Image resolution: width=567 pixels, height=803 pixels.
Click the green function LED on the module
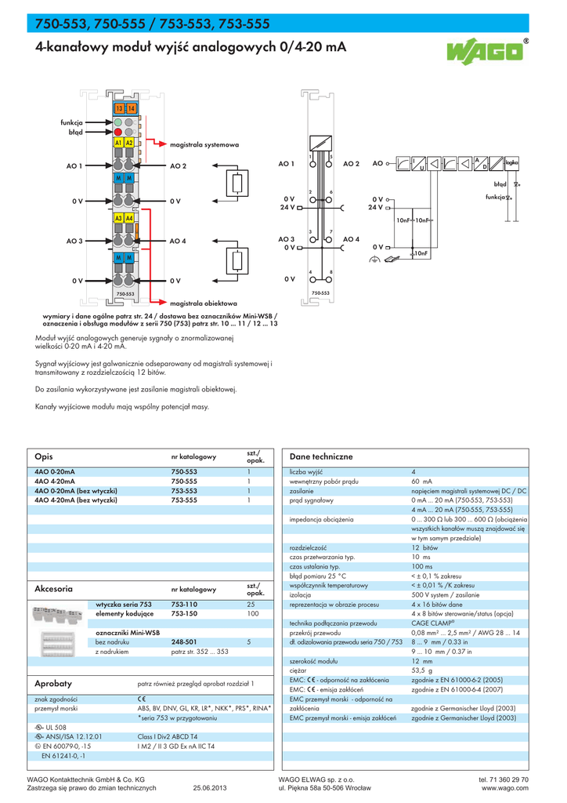pos(118,122)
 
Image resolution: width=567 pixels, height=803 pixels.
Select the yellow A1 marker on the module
pos(118,144)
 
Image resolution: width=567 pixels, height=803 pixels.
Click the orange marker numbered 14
pos(131,107)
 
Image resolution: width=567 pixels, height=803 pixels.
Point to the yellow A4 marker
pos(129,217)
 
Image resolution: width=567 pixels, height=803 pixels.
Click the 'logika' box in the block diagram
pos(512,162)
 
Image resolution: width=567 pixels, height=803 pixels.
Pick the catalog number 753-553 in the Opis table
pos(184,490)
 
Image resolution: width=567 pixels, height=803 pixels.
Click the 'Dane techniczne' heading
pos(321,456)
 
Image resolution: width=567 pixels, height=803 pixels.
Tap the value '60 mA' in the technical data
pos(422,481)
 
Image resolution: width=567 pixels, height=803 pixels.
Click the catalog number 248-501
pos(184,641)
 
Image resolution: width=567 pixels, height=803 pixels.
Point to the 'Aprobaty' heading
pos(53,684)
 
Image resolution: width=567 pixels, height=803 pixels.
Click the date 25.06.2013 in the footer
pos(209,788)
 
